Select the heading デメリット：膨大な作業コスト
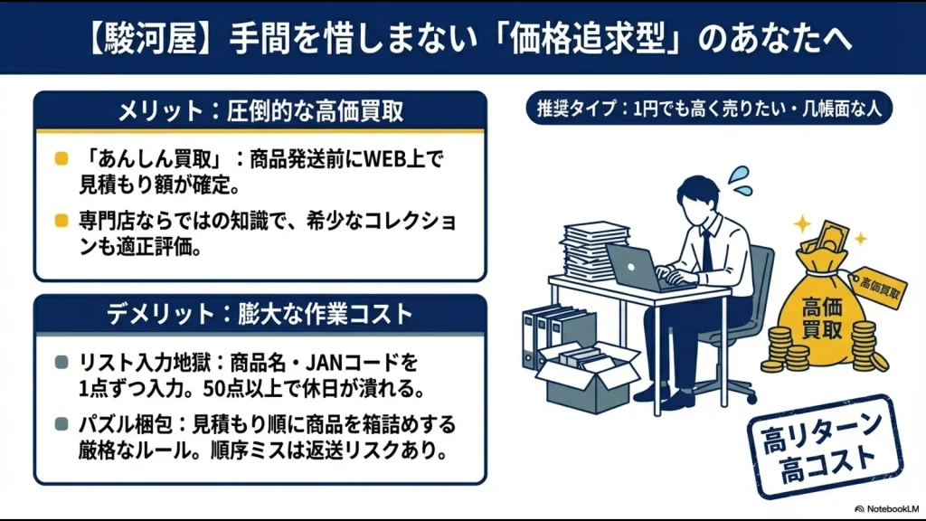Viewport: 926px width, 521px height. point(260,315)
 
